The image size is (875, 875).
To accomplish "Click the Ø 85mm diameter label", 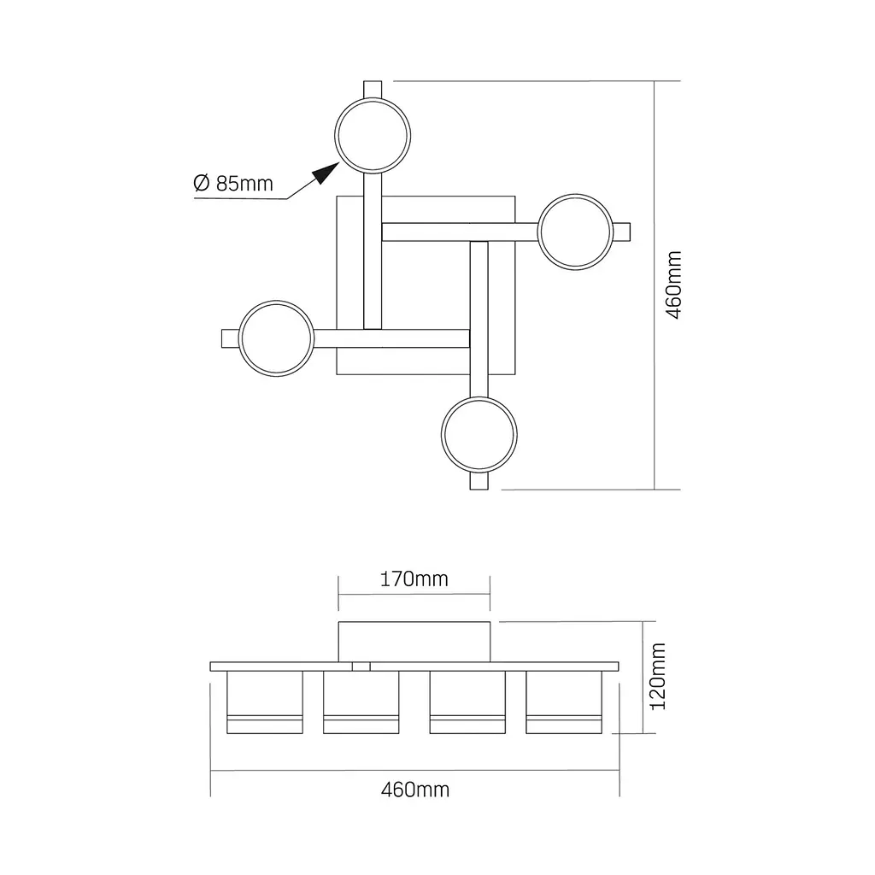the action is pyautogui.click(x=233, y=183).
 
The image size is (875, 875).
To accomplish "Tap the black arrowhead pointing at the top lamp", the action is pyautogui.click(x=326, y=173).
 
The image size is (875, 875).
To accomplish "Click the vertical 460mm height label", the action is pyautogui.click(x=674, y=285).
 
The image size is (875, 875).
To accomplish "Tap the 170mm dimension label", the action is pyautogui.click(x=414, y=579).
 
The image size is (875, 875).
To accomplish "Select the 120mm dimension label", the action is pyautogui.click(x=659, y=677).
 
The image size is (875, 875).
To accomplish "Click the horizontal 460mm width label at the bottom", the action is pyautogui.click(x=415, y=790).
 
